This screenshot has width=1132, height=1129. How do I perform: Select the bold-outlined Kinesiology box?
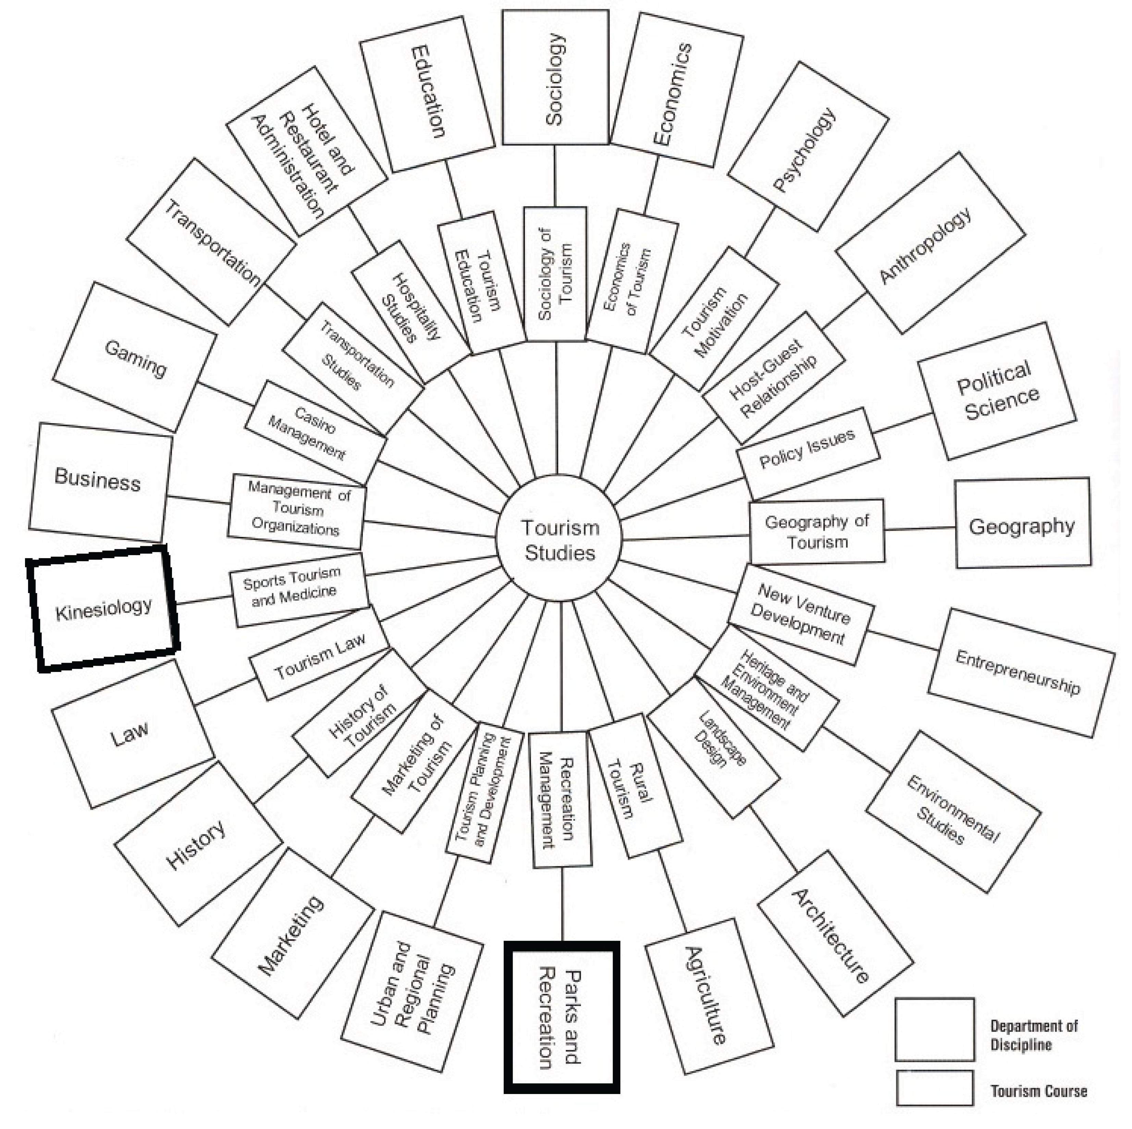tap(103, 609)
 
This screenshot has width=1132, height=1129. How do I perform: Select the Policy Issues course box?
tap(808, 453)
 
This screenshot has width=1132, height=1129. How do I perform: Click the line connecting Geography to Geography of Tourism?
tap(920, 528)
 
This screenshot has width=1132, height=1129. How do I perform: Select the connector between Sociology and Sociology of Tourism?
tap(555, 176)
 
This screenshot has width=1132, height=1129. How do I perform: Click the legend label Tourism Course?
tap(1038, 1090)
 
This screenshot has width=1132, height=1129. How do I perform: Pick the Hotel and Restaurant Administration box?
tap(306, 151)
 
